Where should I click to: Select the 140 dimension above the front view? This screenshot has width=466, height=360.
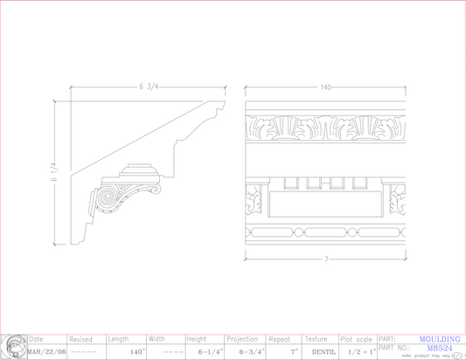pyautogui.click(x=325, y=87)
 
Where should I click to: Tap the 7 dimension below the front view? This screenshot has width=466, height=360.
pyautogui.click(x=325, y=260)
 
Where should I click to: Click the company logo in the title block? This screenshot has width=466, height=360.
pyautogui.click(x=13, y=347)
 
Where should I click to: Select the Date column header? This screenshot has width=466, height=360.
pyautogui.click(x=36, y=339)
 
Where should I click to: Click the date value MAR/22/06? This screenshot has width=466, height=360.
pyautogui.click(x=45, y=352)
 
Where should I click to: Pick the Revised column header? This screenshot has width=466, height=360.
pyautogui.click(x=80, y=339)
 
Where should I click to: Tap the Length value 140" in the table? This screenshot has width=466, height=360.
pyautogui.click(x=136, y=352)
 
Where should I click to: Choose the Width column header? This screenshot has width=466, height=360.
pyautogui.click(x=156, y=339)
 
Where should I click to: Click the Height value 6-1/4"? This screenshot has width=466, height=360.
pyautogui.click(x=210, y=352)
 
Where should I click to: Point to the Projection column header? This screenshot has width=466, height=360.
pyautogui.click(x=242, y=339)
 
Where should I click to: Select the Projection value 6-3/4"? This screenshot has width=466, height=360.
pyautogui.click(x=250, y=352)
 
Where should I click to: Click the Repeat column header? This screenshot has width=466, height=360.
pyautogui.click(x=280, y=339)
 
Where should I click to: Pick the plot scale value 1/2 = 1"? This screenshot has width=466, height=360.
pyautogui.click(x=361, y=352)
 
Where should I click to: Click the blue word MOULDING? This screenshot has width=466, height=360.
pyautogui.click(x=439, y=339)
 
